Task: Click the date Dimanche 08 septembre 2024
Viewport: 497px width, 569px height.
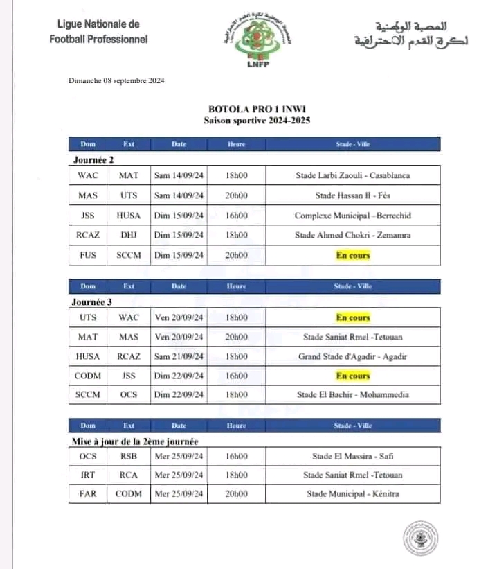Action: [116, 80]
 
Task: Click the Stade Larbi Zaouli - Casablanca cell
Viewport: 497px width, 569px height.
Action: [352, 175]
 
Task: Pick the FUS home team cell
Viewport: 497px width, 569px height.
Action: [88, 255]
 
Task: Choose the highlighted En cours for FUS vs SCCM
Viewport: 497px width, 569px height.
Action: [353, 255]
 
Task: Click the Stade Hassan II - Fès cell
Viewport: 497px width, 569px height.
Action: [352, 195]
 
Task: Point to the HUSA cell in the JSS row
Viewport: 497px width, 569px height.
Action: [128, 216]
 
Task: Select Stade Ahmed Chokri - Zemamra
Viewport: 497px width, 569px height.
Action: [352, 235]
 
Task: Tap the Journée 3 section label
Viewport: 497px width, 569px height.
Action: [92, 302]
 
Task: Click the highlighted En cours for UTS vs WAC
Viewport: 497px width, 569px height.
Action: [353, 318]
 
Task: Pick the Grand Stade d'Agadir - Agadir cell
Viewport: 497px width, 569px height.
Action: [352, 356]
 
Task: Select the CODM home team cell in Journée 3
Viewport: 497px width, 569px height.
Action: [88, 376]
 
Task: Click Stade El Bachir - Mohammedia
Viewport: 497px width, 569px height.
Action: [352, 395]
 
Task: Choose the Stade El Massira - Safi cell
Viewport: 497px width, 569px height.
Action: [352, 456]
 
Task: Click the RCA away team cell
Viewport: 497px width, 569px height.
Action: [128, 475]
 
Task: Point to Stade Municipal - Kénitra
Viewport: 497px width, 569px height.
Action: [352, 494]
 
